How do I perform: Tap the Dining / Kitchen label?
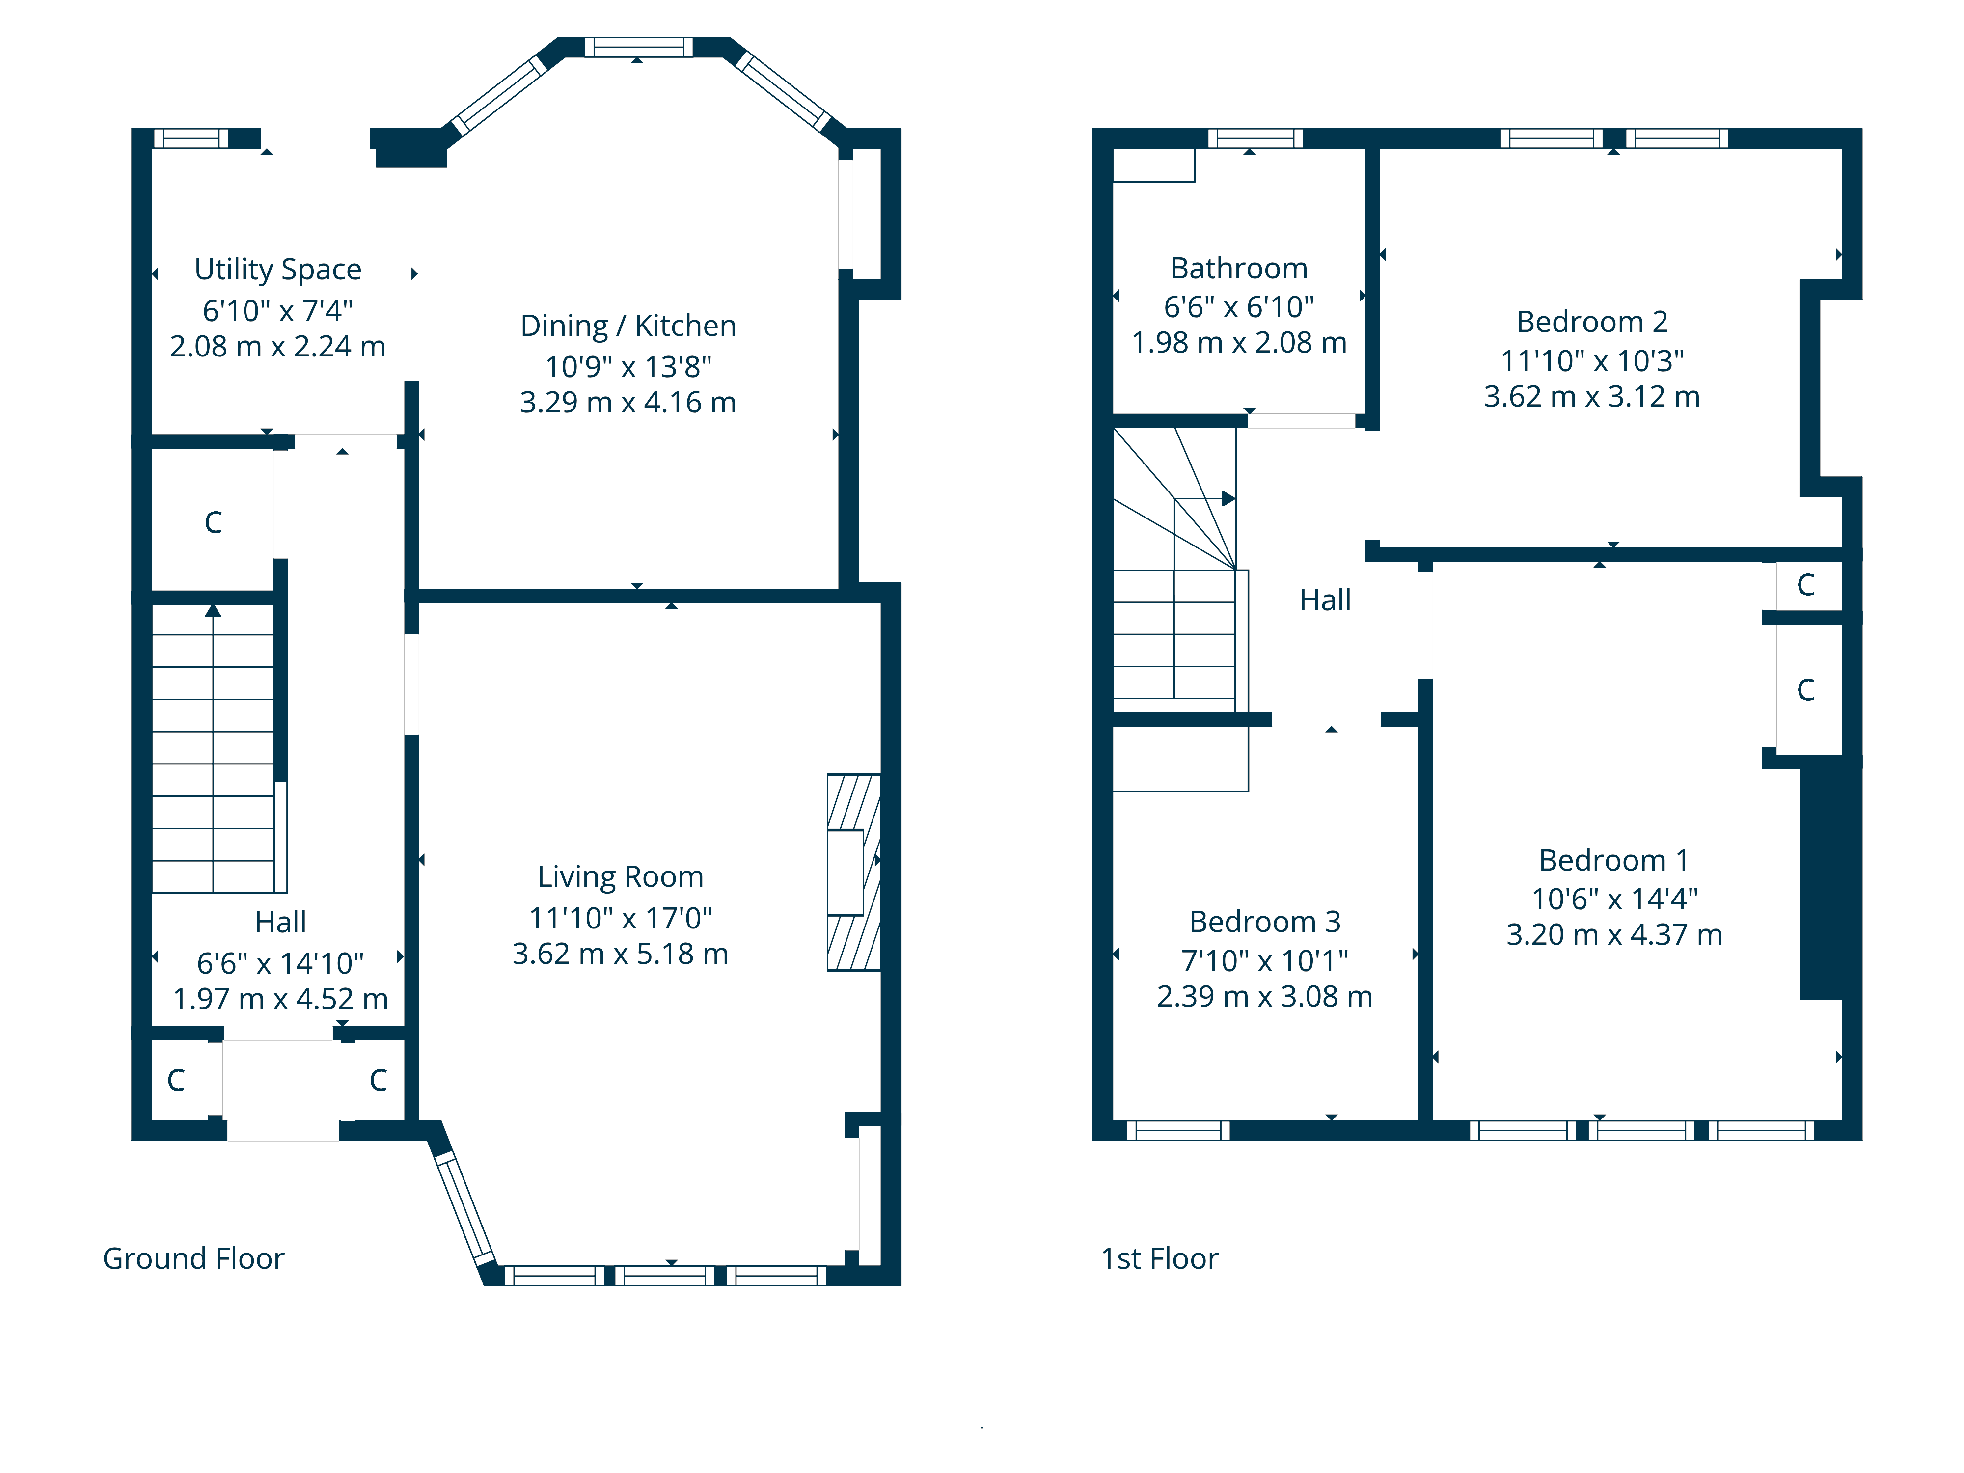pyautogui.click(x=627, y=326)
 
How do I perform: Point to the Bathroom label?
pyautogui.click(x=1239, y=268)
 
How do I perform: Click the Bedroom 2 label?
pyautogui.click(x=1592, y=322)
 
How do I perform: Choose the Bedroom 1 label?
pyautogui.click(x=1613, y=860)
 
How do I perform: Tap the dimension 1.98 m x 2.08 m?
pyautogui.click(x=1239, y=343)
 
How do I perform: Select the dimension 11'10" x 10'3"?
pyautogui.click(x=1592, y=360)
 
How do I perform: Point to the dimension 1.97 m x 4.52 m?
pyautogui.click(x=280, y=999)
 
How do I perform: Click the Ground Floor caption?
pyautogui.click(x=193, y=1259)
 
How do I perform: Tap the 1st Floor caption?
pyautogui.click(x=1160, y=1259)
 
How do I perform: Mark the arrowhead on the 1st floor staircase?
pyautogui.click(x=1229, y=499)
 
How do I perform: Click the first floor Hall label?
pyautogui.click(x=1325, y=600)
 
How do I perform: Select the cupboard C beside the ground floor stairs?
pyautogui.click(x=213, y=522)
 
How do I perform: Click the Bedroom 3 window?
pyautogui.click(x=1178, y=1130)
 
